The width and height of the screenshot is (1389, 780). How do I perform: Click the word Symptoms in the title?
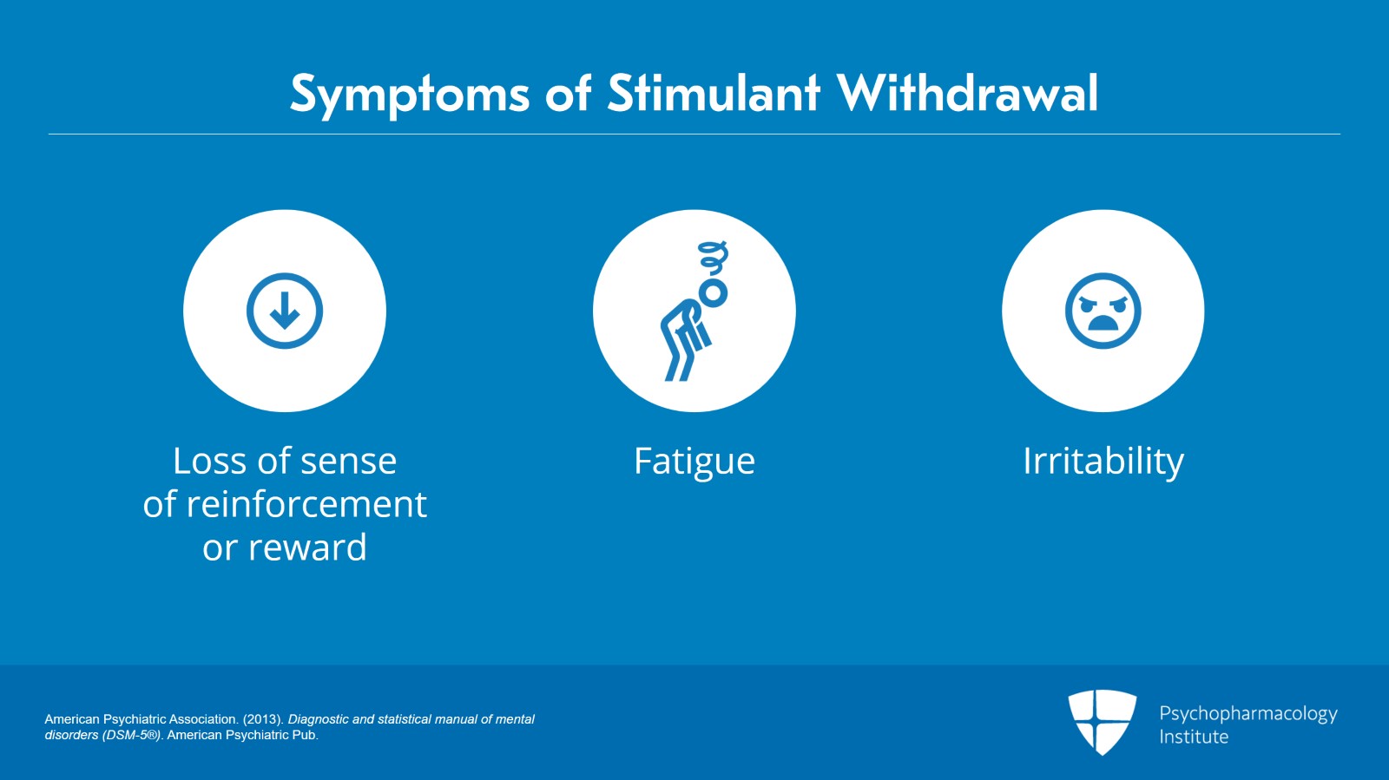point(409,94)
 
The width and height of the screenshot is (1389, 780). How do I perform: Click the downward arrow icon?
point(285,311)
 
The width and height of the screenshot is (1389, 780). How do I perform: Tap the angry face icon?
point(1103,311)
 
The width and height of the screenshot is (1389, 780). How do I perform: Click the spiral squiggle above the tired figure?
point(713,257)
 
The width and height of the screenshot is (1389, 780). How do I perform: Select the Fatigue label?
point(694,462)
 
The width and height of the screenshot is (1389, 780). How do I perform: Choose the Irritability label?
point(1103,462)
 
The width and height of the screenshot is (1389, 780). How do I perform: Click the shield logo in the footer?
point(1102,721)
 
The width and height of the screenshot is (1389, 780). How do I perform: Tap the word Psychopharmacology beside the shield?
point(1247,714)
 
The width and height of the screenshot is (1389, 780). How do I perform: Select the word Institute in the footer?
point(1194,737)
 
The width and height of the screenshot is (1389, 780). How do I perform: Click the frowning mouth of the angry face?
point(1103,324)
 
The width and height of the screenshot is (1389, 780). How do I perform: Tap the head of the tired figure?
point(714,293)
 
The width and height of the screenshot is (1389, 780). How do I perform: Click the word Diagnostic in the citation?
point(318,719)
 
